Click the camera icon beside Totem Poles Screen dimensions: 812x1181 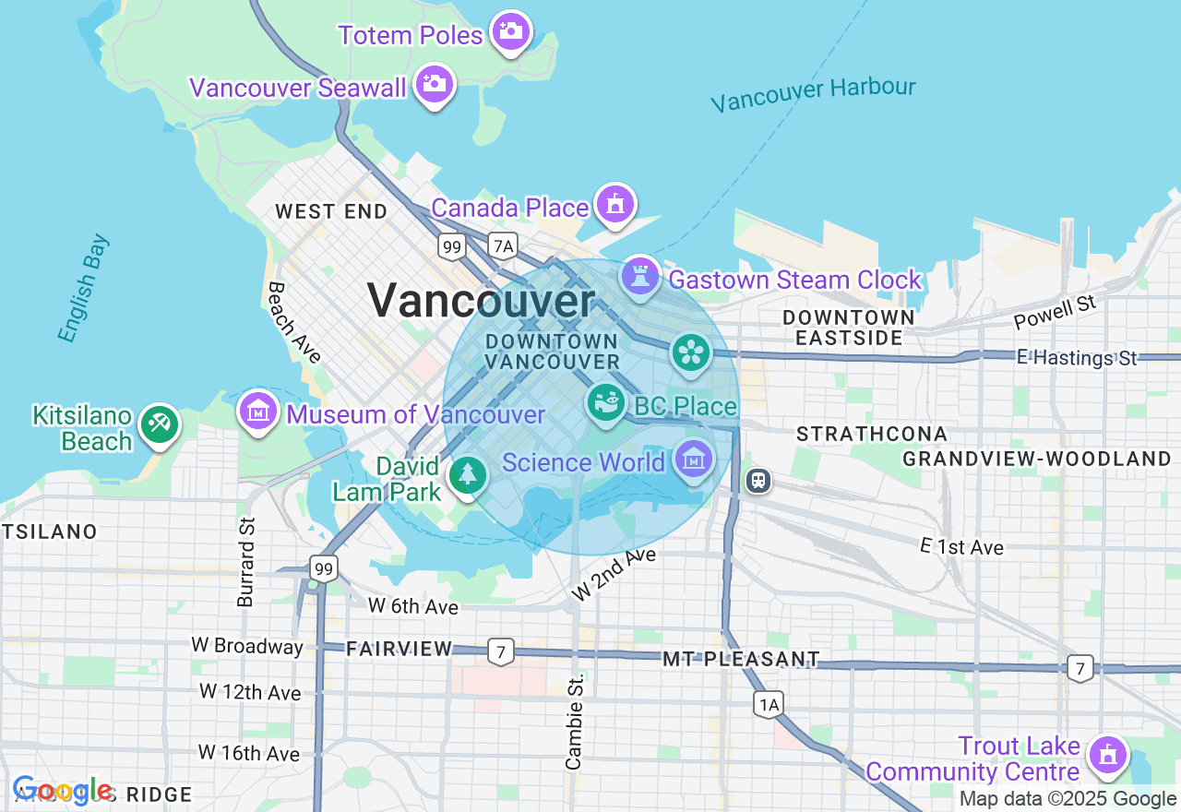(x=510, y=32)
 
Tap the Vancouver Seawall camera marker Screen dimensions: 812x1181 (x=435, y=84)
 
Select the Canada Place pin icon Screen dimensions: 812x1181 (x=615, y=204)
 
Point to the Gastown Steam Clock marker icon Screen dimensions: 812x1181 (x=640, y=275)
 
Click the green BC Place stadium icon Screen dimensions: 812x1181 (x=605, y=403)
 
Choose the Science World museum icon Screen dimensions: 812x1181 (x=694, y=459)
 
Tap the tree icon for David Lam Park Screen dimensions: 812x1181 (x=468, y=475)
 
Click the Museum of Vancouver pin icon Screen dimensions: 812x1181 (x=258, y=411)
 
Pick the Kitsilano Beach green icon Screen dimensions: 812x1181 (x=159, y=425)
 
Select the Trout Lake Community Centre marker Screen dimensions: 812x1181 (x=1107, y=755)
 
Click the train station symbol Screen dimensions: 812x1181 (x=758, y=480)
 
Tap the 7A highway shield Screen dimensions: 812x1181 (x=503, y=245)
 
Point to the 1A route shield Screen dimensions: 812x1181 (x=768, y=705)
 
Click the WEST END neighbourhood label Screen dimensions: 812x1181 (x=331, y=211)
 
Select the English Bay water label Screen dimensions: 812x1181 (x=83, y=288)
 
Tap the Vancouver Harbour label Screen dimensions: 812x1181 (x=813, y=93)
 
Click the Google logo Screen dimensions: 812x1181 (x=62, y=791)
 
